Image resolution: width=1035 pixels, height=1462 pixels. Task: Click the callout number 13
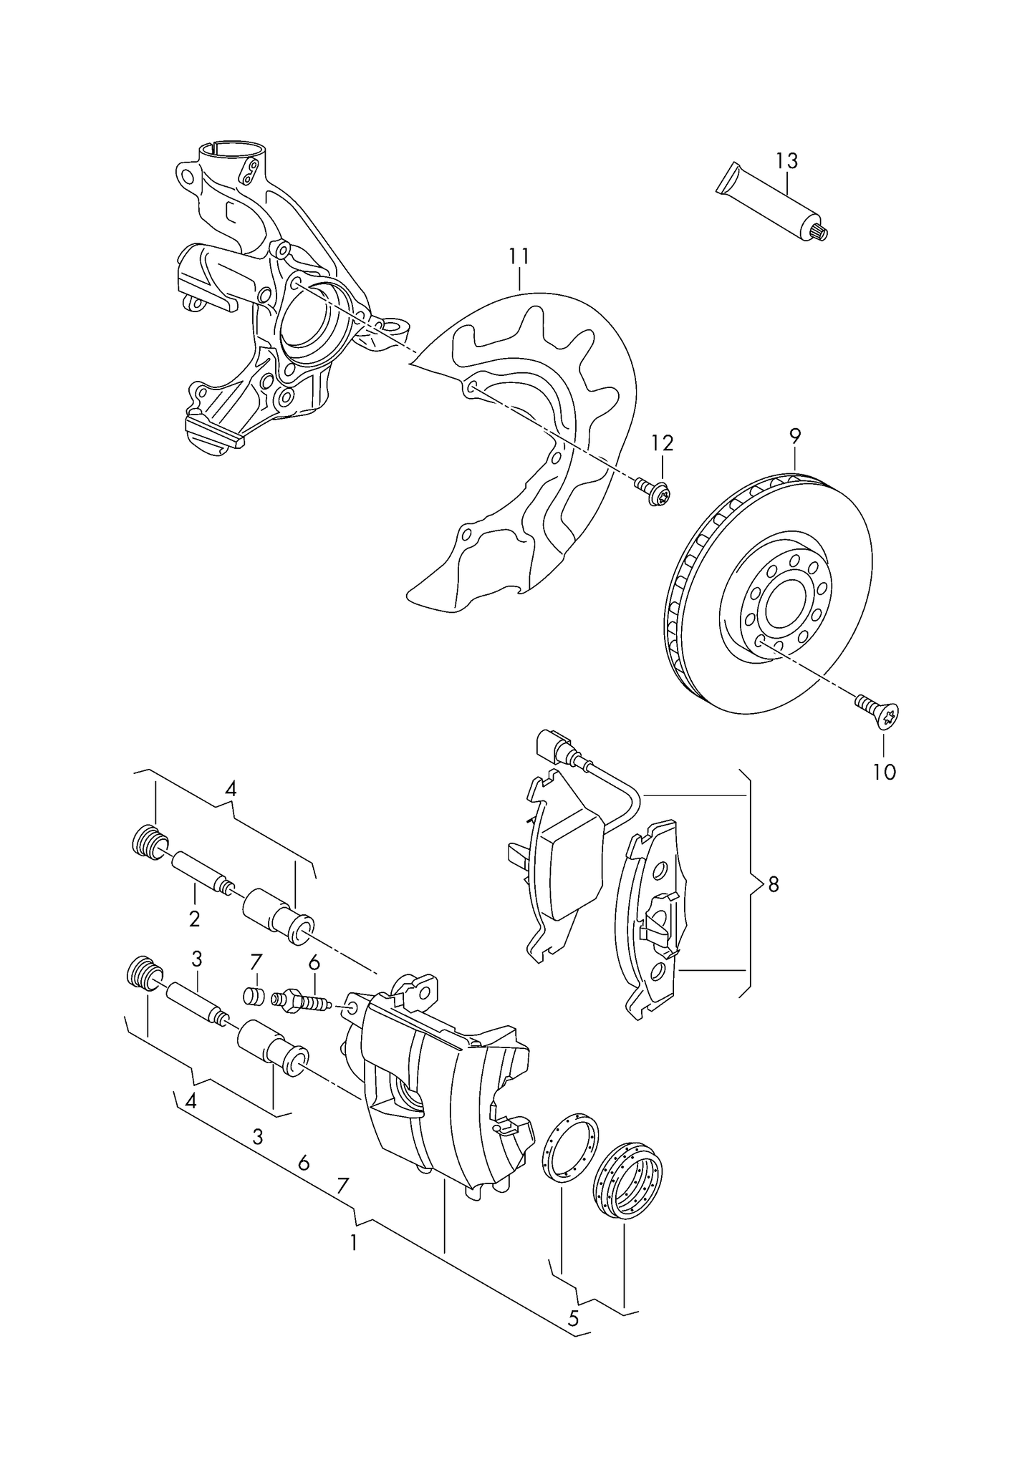point(786,161)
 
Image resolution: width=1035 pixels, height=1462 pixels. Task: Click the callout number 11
point(519,256)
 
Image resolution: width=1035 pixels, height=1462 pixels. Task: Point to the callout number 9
point(795,435)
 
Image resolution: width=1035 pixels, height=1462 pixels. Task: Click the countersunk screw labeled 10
point(879,711)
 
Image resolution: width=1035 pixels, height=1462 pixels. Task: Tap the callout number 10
point(885,772)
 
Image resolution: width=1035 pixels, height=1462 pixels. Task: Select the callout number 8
point(773,885)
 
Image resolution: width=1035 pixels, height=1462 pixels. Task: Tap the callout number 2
point(194,919)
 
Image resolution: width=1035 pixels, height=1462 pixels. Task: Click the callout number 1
point(352,1243)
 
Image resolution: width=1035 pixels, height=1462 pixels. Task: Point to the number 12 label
point(662,443)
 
